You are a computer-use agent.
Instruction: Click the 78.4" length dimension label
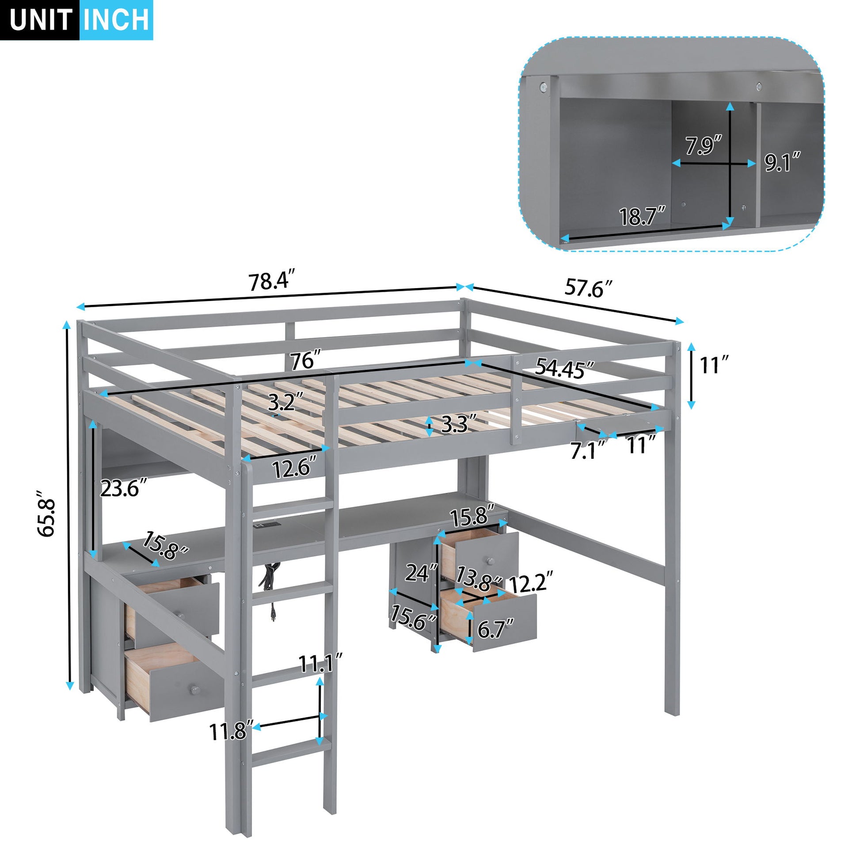pyautogui.click(x=271, y=282)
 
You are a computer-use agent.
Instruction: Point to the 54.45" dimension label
pyautogui.click(x=564, y=368)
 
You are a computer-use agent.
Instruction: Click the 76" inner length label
pyautogui.click(x=305, y=360)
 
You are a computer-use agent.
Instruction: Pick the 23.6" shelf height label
pyautogui.click(x=123, y=489)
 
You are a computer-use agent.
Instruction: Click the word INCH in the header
pyautogui.click(x=117, y=20)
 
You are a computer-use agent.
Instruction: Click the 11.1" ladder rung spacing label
pyautogui.click(x=320, y=664)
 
